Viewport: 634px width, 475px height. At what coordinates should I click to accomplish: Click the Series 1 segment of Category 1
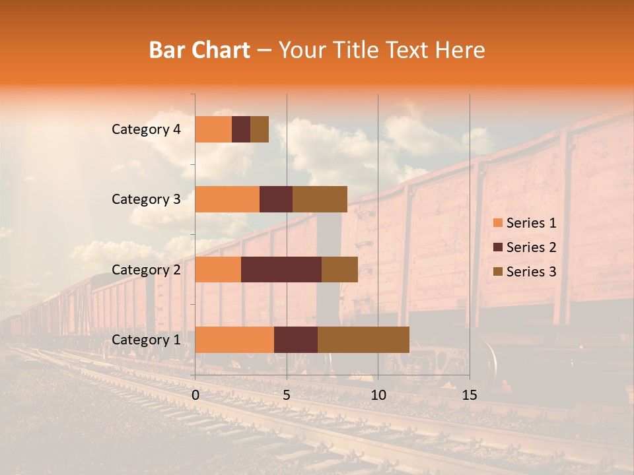tap(234, 340)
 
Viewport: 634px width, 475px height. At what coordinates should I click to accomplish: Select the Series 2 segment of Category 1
tap(296, 340)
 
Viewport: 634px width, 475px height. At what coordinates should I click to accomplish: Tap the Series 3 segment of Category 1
tap(363, 340)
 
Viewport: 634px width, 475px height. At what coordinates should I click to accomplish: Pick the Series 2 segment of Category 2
tap(281, 269)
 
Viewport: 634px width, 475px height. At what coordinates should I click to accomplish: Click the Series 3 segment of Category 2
tap(339, 269)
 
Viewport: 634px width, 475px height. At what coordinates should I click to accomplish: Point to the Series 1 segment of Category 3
tap(227, 199)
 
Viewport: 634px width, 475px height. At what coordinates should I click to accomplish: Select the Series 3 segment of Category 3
tap(320, 199)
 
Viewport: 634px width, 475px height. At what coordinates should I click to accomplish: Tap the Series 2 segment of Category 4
tap(241, 129)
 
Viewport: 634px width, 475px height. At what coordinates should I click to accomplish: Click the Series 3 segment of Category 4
tap(260, 129)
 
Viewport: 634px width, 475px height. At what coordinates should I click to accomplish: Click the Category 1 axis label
tap(145, 340)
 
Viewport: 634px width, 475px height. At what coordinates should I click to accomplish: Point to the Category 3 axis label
tap(145, 199)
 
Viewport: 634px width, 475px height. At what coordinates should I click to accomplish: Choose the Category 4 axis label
tap(145, 129)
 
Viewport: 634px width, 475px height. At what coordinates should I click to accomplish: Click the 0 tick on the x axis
tap(195, 395)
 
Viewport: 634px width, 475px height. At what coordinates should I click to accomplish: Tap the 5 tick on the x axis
tap(287, 395)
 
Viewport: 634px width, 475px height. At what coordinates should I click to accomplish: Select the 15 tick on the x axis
tap(470, 395)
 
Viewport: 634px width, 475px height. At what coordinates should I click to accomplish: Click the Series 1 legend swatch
tap(497, 223)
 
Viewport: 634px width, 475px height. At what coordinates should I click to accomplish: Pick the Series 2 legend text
tap(531, 247)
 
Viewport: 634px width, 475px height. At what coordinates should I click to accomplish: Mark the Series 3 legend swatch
tap(497, 272)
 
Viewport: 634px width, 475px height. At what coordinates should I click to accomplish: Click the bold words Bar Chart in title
tap(199, 50)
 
